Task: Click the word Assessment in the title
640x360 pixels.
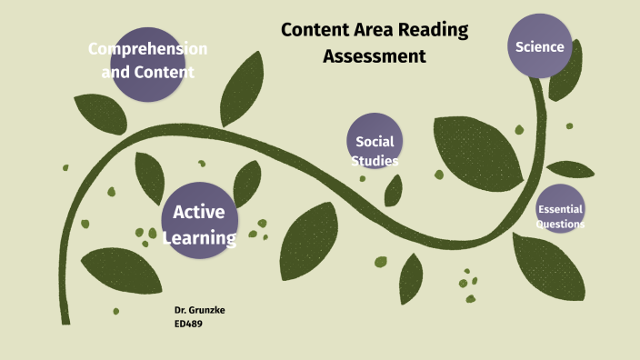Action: click(x=375, y=56)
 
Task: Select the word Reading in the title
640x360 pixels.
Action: click(x=432, y=29)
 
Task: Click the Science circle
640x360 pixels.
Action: click(x=540, y=46)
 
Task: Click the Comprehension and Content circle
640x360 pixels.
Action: click(x=148, y=59)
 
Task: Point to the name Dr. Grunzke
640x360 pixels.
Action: click(x=200, y=310)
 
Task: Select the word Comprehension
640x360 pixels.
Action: click(x=148, y=48)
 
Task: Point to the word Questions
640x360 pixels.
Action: click(x=560, y=224)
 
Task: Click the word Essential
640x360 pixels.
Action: click(x=560, y=210)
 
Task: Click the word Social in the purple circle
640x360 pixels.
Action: click(x=374, y=141)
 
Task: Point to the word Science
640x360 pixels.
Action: click(x=540, y=46)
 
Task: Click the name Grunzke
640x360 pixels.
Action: click(x=207, y=310)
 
